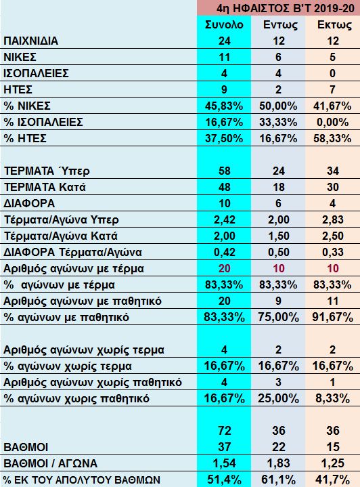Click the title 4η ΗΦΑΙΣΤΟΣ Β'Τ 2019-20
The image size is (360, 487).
point(285,8)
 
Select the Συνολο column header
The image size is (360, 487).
point(224,24)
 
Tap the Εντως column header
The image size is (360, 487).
point(279,24)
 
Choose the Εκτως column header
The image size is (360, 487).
point(333,24)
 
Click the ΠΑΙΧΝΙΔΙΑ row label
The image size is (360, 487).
point(30,41)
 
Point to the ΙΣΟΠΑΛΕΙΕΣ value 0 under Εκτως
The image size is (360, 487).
point(332,73)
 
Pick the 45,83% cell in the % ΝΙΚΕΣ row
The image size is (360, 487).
point(224,106)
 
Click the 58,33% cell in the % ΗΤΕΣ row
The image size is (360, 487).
point(332,138)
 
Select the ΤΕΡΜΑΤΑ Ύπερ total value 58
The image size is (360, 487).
point(224,171)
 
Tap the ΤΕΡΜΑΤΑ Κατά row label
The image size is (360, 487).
point(45,188)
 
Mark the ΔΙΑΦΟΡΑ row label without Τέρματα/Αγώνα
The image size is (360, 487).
point(29,203)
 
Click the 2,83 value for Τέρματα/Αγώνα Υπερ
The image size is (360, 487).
point(333,219)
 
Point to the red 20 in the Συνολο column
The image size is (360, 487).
point(224,268)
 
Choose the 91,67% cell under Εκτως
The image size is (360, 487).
point(333,317)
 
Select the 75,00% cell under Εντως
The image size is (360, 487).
point(278,317)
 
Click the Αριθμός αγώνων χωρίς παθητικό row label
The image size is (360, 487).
point(93,382)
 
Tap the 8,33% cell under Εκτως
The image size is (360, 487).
point(333,398)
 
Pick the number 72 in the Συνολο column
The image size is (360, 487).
point(224,431)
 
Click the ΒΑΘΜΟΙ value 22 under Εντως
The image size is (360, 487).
point(278,447)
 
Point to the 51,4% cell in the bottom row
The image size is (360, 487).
point(224,480)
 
